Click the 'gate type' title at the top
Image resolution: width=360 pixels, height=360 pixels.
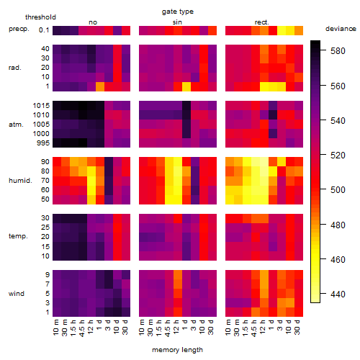[178, 12]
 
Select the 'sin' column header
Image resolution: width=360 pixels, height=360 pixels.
[177, 22]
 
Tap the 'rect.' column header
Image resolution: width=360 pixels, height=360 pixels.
[262, 22]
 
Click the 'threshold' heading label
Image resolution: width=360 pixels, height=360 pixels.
[40, 17]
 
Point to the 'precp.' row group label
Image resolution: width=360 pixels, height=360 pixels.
[19, 29]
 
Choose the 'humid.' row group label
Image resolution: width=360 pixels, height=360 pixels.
[20, 180]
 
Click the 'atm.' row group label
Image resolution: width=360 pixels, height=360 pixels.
[16, 125]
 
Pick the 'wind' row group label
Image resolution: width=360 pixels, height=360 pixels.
[17, 293]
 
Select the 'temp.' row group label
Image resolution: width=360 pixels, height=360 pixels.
[18, 236]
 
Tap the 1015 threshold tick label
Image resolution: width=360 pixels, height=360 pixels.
[41, 106]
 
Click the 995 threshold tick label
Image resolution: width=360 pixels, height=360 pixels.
[43, 143]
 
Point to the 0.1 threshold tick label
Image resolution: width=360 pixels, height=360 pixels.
[44, 30]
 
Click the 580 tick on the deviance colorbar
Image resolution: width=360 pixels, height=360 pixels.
[338, 51]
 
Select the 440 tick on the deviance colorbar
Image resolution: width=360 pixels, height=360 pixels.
[338, 294]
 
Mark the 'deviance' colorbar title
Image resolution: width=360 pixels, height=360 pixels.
[341, 29]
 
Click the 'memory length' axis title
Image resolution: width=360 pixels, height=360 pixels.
[178, 350]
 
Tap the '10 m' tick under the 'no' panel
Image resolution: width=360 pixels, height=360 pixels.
[56, 328]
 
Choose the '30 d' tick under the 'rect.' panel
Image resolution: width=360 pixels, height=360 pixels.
[297, 328]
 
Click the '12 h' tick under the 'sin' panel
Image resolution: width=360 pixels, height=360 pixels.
[176, 328]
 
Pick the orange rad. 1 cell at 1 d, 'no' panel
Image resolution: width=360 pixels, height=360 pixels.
[100, 86]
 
